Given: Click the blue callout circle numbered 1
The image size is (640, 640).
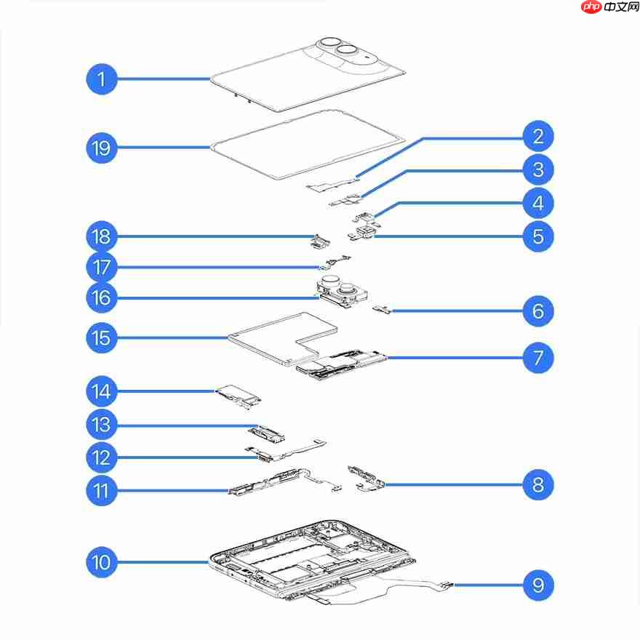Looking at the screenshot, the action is pyautogui.click(x=102, y=79).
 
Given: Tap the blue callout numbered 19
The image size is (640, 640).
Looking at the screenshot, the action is pyautogui.click(x=102, y=148).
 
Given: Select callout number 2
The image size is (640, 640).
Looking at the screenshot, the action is pyautogui.click(x=538, y=136).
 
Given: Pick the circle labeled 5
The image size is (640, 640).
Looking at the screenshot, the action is pyautogui.click(x=538, y=236).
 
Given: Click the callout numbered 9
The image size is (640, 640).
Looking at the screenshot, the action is pyautogui.click(x=538, y=585).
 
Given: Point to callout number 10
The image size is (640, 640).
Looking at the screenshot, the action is pyautogui.click(x=102, y=562).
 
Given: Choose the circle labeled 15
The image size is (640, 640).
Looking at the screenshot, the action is pyautogui.click(x=102, y=337).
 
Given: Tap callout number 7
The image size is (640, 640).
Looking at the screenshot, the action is pyautogui.click(x=538, y=358).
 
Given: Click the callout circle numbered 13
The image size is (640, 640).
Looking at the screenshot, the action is pyautogui.click(x=102, y=425).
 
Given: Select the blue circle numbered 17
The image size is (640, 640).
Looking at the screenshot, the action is pyautogui.click(x=102, y=268).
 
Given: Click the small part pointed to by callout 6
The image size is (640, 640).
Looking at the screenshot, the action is pyautogui.click(x=381, y=308).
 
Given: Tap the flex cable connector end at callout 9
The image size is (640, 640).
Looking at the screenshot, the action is pyautogui.click(x=447, y=585).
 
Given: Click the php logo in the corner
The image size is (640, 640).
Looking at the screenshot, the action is pyautogui.click(x=591, y=7).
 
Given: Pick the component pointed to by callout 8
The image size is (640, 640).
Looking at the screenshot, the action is pyautogui.click(x=366, y=478).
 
